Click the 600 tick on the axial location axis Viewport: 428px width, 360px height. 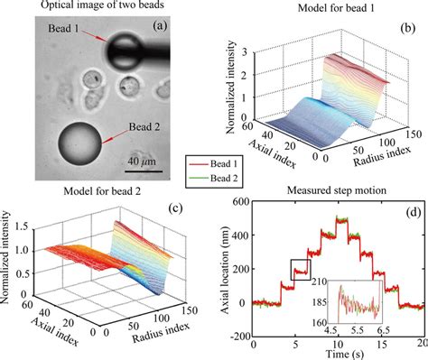pyautogui.click(x=240, y=201)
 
